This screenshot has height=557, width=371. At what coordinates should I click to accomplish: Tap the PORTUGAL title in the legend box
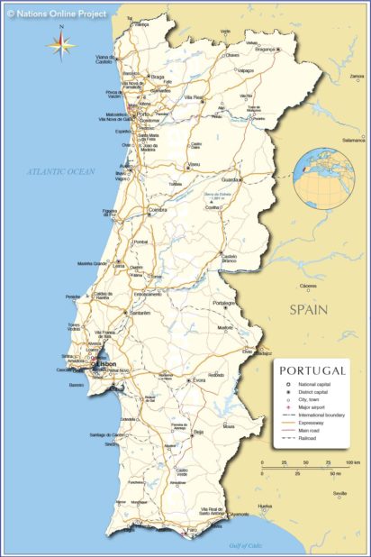coord(312,370)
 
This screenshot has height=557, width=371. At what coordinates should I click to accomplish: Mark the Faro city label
coord(191,529)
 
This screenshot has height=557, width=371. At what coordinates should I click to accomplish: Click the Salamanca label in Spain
coord(353,140)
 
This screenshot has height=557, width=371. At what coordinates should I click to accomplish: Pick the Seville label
coord(339,493)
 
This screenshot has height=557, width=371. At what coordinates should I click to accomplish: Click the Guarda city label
coord(231,179)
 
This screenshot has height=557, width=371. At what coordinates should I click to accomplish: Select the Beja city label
coord(198,432)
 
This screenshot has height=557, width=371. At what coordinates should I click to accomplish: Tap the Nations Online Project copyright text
coord(57,14)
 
